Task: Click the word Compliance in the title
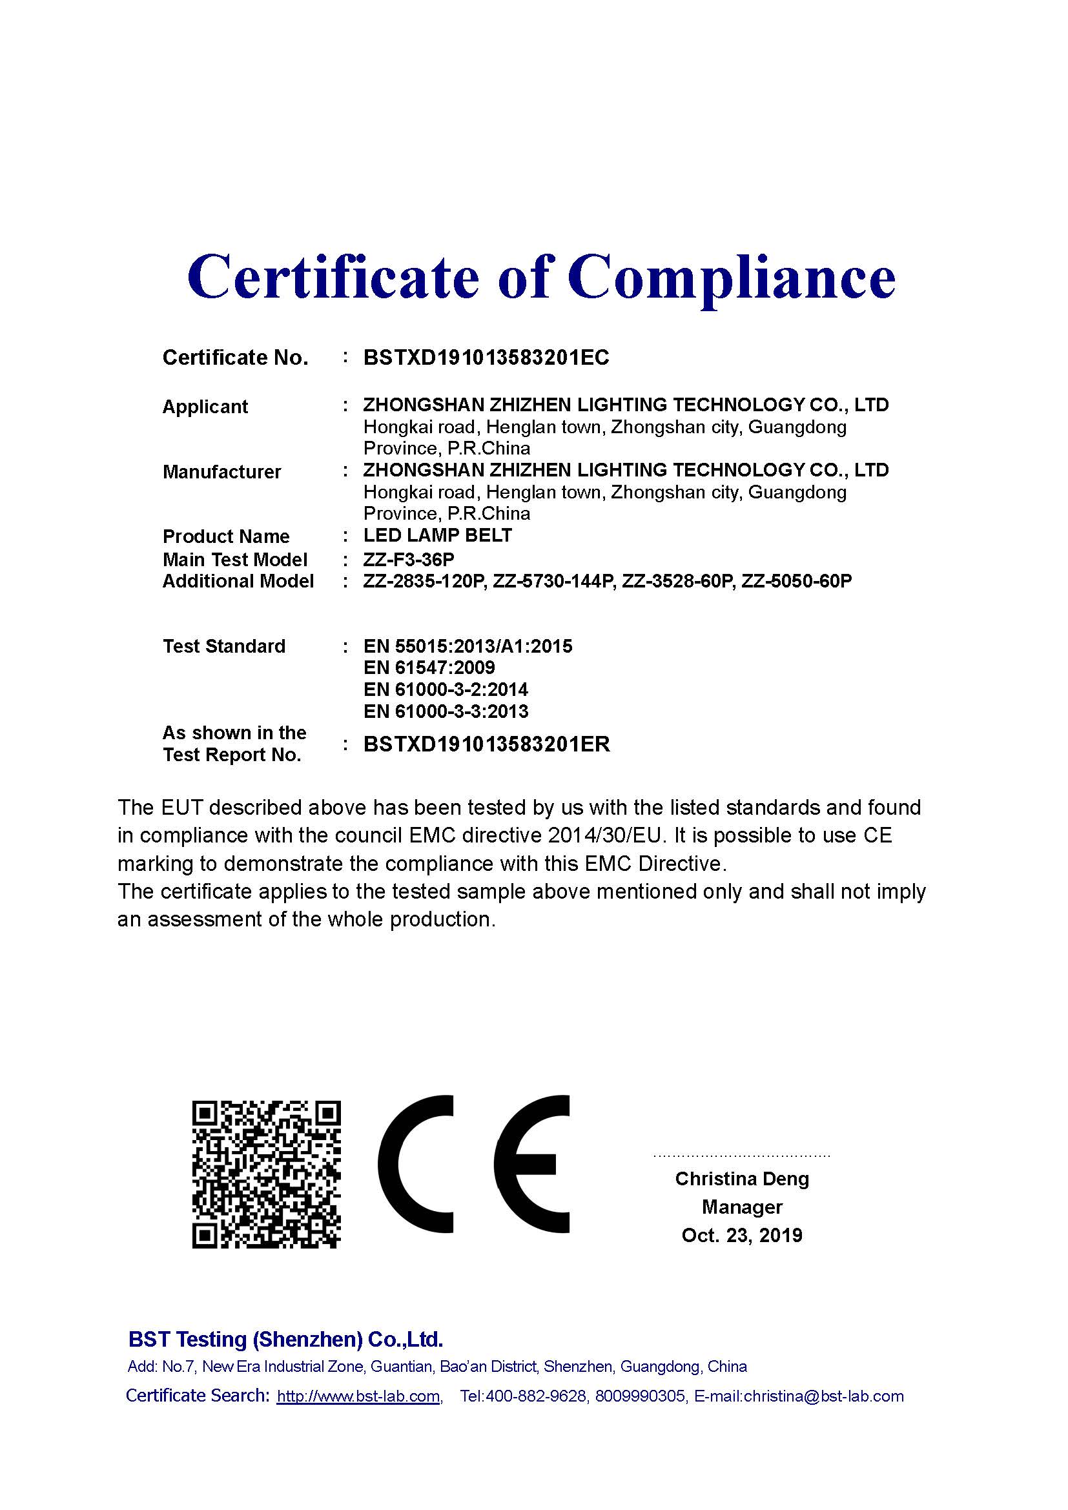coord(732,278)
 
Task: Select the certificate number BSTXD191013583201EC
coord(486,358)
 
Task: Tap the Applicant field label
coord(205,407)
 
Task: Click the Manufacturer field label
coord(221,471)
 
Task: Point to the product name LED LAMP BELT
coord(437,535)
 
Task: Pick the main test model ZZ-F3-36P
coord(408,559)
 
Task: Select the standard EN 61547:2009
coord(429,668)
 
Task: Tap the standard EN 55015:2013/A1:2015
coord(467,646)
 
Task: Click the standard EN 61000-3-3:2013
coord(446,711)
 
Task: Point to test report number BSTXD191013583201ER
coord(487,744)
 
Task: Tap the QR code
coord(266,1174)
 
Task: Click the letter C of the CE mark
coord(416,1164)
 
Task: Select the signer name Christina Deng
coord(742,1179)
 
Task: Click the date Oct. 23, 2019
coord(742,1235)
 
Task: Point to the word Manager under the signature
coord(742,1207)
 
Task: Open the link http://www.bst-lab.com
coord(358,1396)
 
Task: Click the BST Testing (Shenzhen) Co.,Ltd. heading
coord(285,1339)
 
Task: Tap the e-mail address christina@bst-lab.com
coord(823,1396)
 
